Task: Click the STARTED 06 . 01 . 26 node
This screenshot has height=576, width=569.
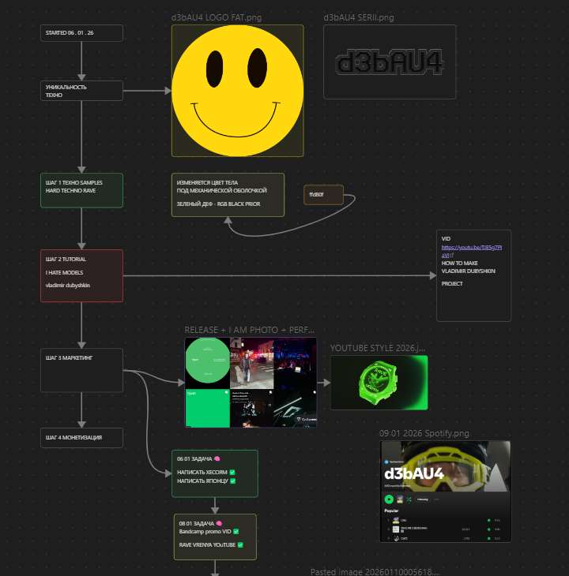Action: click(82, 33)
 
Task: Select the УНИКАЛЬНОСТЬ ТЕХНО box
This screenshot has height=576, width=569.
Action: click(82, 91)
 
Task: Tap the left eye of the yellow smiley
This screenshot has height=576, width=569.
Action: click(215, 66)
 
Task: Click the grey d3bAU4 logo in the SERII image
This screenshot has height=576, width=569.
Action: click(390, 62)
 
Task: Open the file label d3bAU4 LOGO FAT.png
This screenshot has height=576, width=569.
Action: click(217, 17)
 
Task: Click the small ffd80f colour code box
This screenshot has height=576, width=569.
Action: click(323, 194)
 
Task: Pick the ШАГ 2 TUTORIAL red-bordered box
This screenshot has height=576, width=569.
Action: click(82, 275)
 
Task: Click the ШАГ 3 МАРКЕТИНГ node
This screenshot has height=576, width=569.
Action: click(82, 370)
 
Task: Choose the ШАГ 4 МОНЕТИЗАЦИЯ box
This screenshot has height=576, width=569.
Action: click(82, 438)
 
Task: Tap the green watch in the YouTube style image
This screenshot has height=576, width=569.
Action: click(377, 383)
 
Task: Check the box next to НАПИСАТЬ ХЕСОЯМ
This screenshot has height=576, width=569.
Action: click(233, 472)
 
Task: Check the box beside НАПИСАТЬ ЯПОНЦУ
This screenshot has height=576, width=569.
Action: click(232, 481)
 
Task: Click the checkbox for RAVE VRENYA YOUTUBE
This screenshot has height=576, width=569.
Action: click(239, 544)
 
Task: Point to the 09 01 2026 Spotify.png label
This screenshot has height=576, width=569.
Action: click(424, 433)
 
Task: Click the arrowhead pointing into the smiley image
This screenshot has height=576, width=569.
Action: click(168, 91)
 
